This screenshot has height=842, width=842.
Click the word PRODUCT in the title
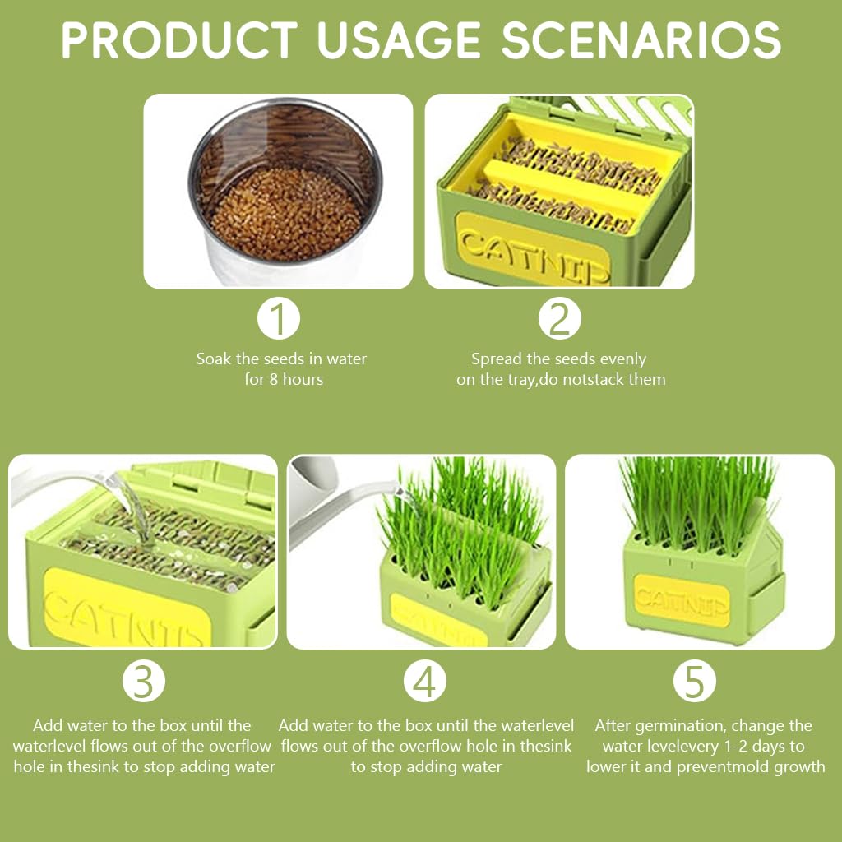(179, 39)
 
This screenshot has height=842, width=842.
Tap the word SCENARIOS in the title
(641, 39)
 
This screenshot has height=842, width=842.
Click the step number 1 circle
(279, 319)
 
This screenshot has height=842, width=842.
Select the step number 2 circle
(560, 319)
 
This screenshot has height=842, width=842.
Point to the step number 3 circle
(144, 682)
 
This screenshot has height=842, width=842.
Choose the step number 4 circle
(424, 682)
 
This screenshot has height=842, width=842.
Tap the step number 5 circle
(695, 682)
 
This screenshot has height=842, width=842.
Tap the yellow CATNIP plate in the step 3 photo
(123, 608)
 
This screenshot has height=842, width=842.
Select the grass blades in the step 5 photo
(697, 493)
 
